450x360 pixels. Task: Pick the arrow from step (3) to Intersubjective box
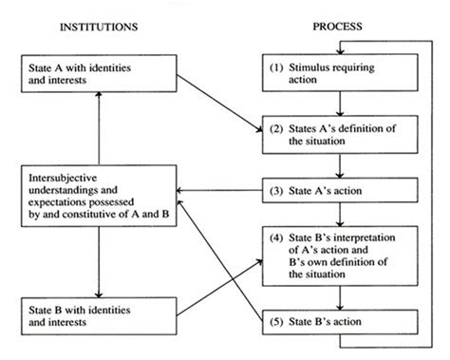tap(218, 193)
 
